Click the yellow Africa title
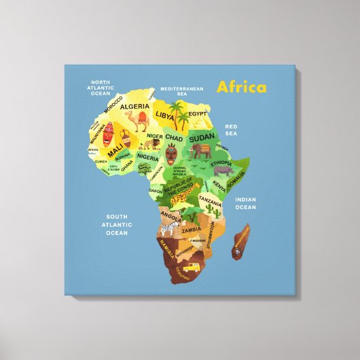pyautogui.click(x=241, y=88)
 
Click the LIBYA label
pyautogui.click(x=165, y=115)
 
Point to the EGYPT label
pyautogui.click(x=197, y=113)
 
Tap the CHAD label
pyautogui.click(x=175, y=138)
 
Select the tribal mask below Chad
pyautogui.click(x=172, y=157)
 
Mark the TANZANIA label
pyautogui.click(x=210, y=202)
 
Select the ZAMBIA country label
pyautogui.click(x=191, y=230)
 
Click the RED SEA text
pyautogui.click(x=231, y=129)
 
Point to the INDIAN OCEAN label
pyautogui.click(x=245, y=203)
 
